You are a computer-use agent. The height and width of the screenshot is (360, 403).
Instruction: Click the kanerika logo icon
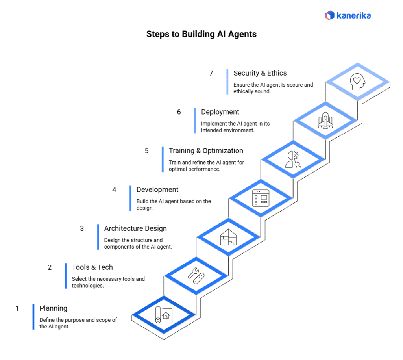pyautogui.click(x=329, y=15)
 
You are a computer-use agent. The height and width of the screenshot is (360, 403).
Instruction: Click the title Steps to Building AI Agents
pyautogui.click(x=201, y=34)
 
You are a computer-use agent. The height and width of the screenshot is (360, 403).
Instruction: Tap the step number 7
pyautogui.click(x=211, y=73)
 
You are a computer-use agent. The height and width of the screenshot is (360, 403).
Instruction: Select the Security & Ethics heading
pyautogui.click(x=260, y=73)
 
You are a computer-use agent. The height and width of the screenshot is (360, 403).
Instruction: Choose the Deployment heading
pyautogui.click(x=220, y=112)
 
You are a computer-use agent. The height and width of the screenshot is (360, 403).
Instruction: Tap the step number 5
pyautogui.click(x=146, y=151)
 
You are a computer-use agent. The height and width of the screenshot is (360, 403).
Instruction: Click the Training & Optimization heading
pyautogui.click(x=206, y=151)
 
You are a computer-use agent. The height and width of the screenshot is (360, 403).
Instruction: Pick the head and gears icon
pyautogui.click(x=293, y=160)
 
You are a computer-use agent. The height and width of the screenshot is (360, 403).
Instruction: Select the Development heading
pyautogui.click(x=157, y=190)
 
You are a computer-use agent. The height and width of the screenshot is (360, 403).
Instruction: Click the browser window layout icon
pyautogui.click(x=260, y=198)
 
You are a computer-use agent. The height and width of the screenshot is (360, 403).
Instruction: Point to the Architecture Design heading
pyautogui.click(x=135, y=228)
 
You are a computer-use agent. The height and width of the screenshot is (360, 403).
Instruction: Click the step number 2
pyautogui.click(x=50, y=267)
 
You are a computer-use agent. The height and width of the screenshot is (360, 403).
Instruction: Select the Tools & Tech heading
pyautogui.click(x=92, y=267)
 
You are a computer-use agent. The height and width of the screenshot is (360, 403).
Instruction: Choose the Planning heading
pyautogui.click(x=54, y=308)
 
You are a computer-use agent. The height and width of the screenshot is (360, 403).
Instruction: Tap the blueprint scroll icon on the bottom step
pyautogui.click(x=163, y=315)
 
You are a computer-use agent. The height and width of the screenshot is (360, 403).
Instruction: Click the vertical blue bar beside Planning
pyautogui.click(x=33, y=317)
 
